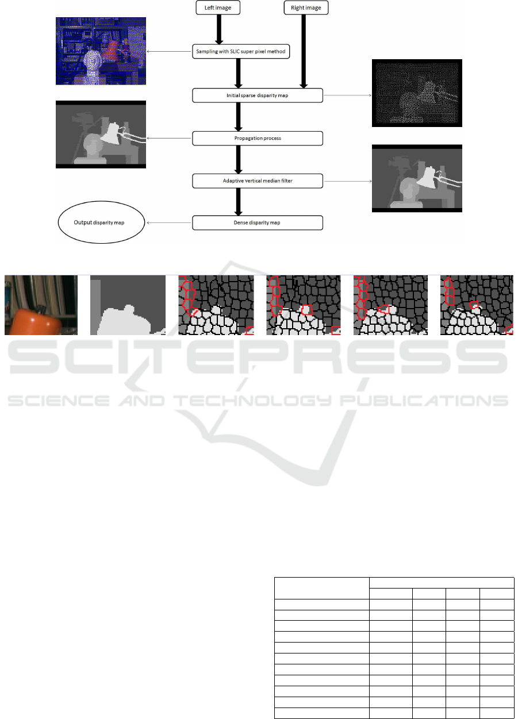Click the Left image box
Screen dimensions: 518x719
(x=218, y=7)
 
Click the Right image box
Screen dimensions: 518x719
(x=306, y=7)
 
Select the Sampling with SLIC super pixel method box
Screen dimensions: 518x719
(x=241, y=51)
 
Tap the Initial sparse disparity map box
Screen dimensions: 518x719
(x=258, y=95)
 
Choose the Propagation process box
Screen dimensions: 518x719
(x=258, y=139)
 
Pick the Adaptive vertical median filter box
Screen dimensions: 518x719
(x=258, y=181)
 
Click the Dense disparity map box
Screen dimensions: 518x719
(x=258, y=223)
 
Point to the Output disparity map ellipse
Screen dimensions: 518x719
(x=101, y=222)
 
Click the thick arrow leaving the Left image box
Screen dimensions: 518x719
(x=219, y=29)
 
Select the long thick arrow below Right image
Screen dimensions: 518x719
(x=304, y=51)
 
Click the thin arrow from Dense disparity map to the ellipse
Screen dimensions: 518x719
(x=169, y=223)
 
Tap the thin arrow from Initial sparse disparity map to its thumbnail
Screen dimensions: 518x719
(x=347, y=95)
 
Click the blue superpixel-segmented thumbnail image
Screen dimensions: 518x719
(x=101, y=51)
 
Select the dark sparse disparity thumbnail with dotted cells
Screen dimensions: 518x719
(x=417, y=93)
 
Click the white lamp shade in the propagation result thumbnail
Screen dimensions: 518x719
(x=110, y=133)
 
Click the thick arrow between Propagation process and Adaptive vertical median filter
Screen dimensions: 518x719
(x=238, y=160)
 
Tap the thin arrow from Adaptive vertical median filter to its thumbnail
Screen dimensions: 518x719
(x=348, y=182)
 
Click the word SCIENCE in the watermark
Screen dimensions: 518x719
(x=59, y=401)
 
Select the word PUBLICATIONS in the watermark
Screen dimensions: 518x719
(x=424, y=401)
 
